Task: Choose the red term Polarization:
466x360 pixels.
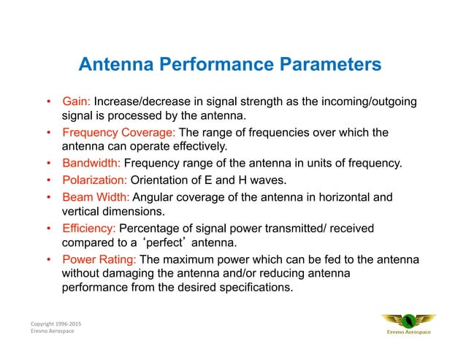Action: [x=95, y=180]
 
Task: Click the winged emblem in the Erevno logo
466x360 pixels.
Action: [x=408, y=320]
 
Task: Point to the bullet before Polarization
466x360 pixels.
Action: [x=48, y=180]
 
